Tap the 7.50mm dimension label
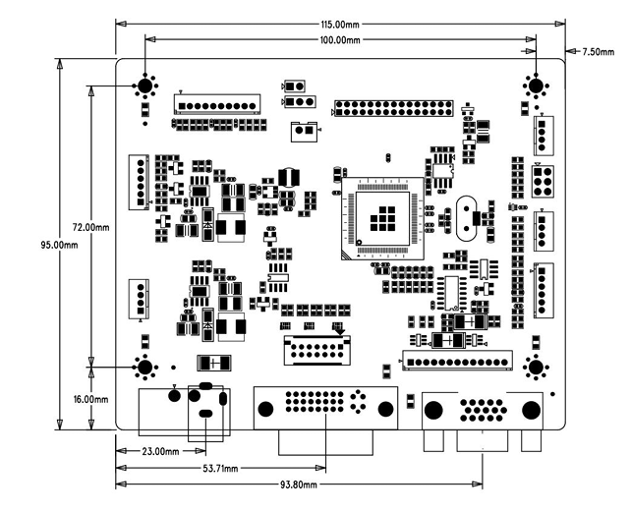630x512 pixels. click(600, 50)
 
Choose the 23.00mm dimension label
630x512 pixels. click(161, 452)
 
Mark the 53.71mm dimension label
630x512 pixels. click(219, 469)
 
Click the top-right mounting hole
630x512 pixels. click(537, 86)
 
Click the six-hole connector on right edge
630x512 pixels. click(542, 181)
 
